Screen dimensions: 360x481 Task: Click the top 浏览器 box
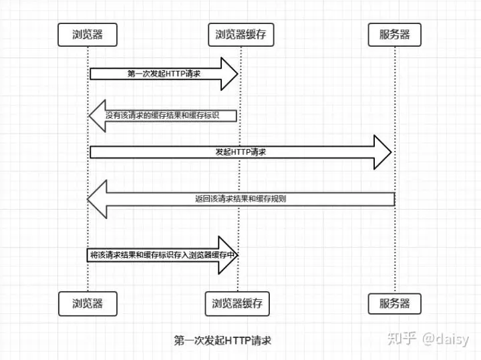88,35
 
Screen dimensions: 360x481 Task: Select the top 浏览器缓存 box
240,35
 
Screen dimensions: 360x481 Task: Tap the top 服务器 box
394,35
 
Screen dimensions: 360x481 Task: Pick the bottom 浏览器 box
88,303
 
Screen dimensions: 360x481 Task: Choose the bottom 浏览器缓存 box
238,303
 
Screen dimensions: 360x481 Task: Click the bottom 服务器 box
394,303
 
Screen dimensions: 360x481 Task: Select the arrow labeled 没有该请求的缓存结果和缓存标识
164,115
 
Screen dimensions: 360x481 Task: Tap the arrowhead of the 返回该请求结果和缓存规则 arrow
97,199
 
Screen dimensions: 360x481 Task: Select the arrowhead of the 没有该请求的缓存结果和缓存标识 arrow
98,115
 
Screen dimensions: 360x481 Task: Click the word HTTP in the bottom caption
236,340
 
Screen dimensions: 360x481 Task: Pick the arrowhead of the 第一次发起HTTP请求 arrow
230,73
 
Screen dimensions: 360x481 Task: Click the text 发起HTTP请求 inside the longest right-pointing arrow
240,152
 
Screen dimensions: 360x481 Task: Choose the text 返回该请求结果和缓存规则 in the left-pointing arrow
241,198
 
